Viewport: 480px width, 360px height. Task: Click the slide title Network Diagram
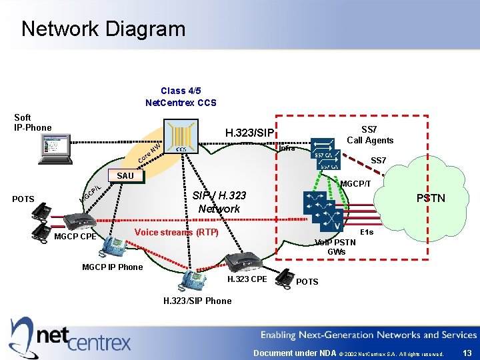click(x=103, y=29)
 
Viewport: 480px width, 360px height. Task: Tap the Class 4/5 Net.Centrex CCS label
click(x=181, y=97)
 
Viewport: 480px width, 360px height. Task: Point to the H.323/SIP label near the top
click(x=249, y=133)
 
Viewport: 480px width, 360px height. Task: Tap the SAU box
click(x=125, y=175)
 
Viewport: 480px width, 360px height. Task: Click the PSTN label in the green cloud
click(x=431, y=198)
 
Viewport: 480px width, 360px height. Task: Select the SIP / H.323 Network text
click(x=219, y=202)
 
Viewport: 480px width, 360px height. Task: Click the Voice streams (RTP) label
click(x=176, y=233)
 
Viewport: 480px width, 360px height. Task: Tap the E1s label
click(x=366, y=231)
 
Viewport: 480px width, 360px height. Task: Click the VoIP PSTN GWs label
click(x=336, y=247)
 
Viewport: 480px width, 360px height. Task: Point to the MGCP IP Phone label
click(x=112, y=267)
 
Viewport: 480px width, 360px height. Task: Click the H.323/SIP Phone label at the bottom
click(x=197, y=301)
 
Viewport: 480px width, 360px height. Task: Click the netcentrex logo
click(x=70, y=335)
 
